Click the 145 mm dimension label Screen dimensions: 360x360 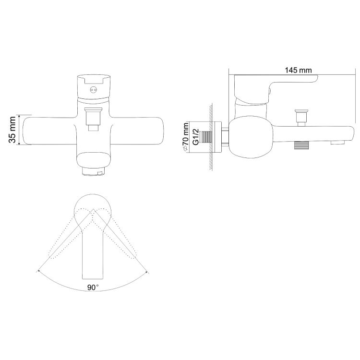coord(298,70)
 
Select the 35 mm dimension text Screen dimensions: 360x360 coord(12,130)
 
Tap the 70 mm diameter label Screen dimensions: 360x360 coord(185,137)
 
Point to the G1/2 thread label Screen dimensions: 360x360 coord(196,137)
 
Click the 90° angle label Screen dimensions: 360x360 coord(93,287)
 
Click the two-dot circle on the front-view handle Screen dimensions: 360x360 coord(93,90)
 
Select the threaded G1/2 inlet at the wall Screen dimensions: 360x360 coord(205,137)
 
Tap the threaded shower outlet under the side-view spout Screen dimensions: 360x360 coord(301,145)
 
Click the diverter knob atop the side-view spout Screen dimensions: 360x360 coord(301,118)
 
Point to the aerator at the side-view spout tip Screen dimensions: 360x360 coord(338,143)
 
